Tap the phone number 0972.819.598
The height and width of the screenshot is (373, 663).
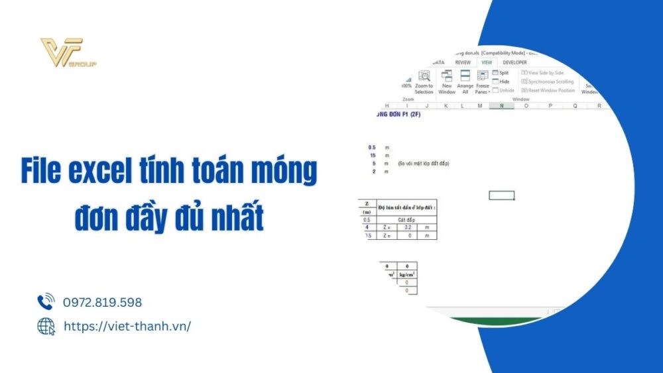[102, 303]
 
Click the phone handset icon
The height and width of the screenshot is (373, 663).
[46, 302]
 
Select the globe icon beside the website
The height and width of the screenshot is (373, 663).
[46, 326]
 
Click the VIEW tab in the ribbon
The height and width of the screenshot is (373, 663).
[486, 62]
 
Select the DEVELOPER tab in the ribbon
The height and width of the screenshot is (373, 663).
[514, 62]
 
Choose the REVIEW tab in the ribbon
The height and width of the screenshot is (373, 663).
[463, 62]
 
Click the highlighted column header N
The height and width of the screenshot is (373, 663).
[502, 105]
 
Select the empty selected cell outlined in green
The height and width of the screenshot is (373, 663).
[501, 195]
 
